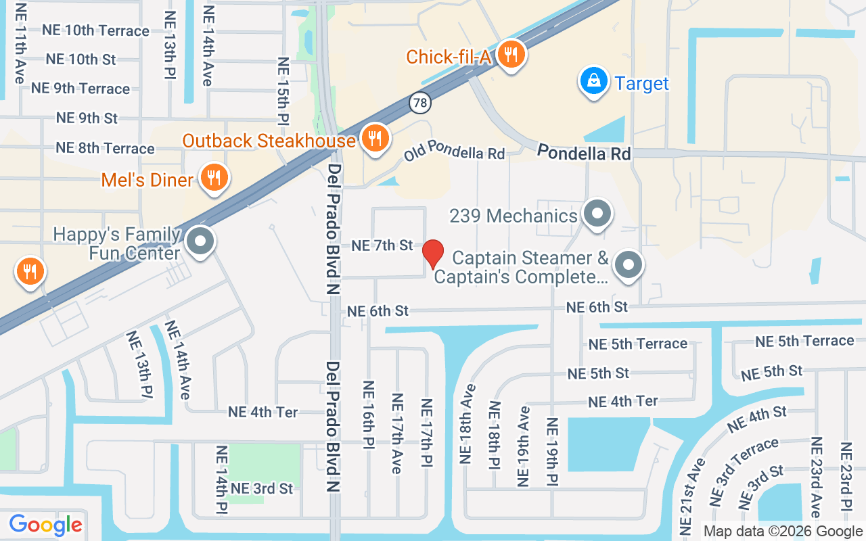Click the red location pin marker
[x=433, y=254]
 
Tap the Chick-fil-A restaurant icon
[x=511, y=54]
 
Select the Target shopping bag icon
[x=593, y=82]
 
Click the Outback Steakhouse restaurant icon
[x=373, y=139]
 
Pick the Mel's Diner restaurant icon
[x=214, y=178]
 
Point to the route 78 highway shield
[x=419, y=102]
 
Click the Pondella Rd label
[x=584, y=154]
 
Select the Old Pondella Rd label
[x=455, y=154]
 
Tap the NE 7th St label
[x=382, y=245]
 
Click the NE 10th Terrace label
[x=95, y=30]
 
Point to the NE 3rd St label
[x=262, y=488]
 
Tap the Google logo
[x=46, y=525]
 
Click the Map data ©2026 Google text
[x=783, y=532]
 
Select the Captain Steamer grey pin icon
[x=629, y=265]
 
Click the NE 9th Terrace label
[x=81, y=89]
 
